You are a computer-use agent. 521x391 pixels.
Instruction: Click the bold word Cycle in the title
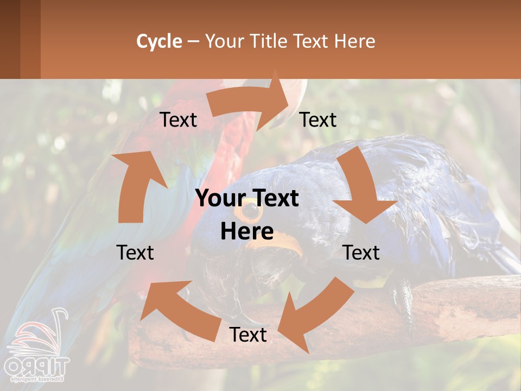click(159, 41)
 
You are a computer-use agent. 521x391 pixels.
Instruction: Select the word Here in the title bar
click(354, 41)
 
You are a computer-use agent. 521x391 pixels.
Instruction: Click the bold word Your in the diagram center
click(217, 199)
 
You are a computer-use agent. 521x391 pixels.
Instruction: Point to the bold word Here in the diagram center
click(247, 231)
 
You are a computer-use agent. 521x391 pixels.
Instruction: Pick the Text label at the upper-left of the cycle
click(178, 119)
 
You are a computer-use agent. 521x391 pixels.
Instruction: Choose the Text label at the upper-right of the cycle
click(318, 119)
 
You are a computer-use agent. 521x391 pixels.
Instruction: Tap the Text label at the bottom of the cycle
click(248, 335)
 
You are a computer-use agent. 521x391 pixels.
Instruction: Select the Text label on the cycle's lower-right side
click(361, 253)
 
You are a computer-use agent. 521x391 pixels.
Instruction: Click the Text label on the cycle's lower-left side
click(135, 253)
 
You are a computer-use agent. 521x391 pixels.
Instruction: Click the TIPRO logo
click(35, 348)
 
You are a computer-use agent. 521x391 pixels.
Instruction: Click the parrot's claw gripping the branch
click(402, 296)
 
